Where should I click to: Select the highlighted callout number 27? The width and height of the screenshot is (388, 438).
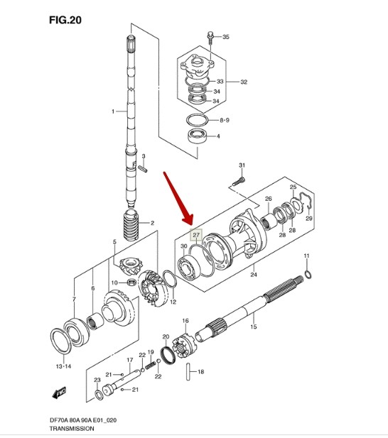[x=196, y=234]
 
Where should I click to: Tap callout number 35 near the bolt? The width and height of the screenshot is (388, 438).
[x=226, y=36]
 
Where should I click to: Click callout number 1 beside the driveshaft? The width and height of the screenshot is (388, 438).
[x=112, y=111]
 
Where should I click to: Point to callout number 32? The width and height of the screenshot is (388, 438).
[x=243, y=82]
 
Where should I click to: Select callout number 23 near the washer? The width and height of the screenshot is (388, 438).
[x=97, y=380]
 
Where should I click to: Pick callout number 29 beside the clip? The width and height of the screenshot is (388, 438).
[x=308, y=219]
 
